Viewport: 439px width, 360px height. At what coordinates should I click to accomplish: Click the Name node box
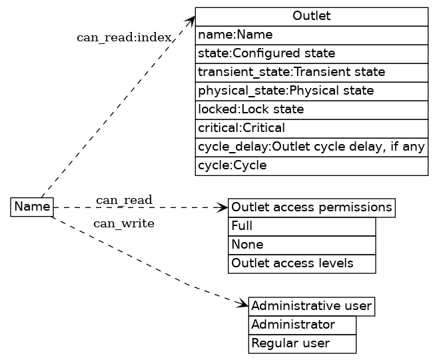tap(32, 207)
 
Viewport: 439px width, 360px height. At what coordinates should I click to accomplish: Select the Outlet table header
tap(311, 17)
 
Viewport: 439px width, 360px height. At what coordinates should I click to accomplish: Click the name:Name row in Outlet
tap(311, 35)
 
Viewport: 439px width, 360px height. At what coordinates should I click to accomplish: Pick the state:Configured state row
tap(311, 53)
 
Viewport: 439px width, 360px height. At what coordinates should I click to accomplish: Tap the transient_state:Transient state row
tap(311, 72)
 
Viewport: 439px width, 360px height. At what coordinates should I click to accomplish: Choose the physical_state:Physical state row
tap(311, 91)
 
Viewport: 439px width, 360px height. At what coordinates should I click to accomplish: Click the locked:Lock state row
tap(311, 109)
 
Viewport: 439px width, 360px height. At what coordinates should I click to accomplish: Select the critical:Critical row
tap(311, 128)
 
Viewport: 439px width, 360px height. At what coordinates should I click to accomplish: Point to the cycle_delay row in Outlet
tap(311, 147)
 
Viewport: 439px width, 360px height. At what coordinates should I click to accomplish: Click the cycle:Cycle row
tap(311, 165)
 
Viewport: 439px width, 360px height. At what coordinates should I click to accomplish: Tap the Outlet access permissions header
tap(311, 207)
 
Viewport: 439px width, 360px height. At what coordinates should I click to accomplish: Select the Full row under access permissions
tap(302, 227)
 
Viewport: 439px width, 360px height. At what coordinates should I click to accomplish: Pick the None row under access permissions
tap(302, 245)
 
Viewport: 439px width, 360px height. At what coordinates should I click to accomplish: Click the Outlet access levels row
tap(302, 264)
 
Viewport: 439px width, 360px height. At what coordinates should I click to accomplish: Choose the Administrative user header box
tap(311, 307)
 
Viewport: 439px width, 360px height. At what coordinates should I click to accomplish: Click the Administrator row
tap(302, 325)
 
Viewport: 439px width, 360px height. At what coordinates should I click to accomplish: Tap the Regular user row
tap(302, 344)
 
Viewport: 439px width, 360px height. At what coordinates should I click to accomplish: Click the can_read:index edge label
tap(125, 37)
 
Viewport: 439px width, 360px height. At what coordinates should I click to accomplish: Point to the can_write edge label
tap(124, 223)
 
